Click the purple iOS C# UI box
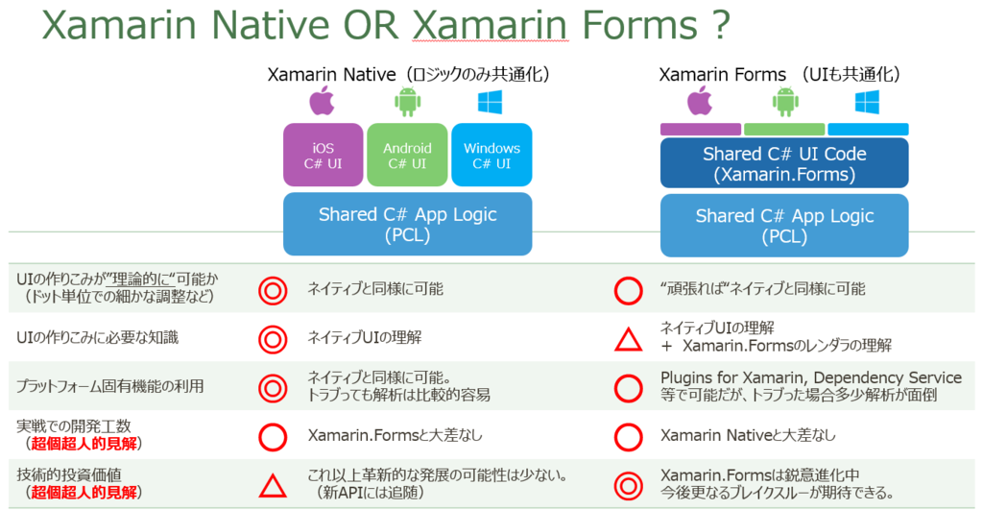[324, 155]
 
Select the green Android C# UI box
[407, 155]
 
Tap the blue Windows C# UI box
[491, 155]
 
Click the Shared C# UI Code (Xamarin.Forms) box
[784, 162]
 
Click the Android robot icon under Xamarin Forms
[785, 100]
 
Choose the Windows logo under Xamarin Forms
[868, 100]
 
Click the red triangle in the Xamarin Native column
[274, 486]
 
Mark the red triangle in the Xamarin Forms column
[628, 338]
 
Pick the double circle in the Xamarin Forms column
[628, 485]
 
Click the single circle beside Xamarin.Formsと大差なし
[274, 436]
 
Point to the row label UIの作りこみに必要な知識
[98, 337]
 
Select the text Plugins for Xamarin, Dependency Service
[811, 377]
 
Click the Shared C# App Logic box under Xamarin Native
[407, 224]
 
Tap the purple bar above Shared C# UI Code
[700, 129]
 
